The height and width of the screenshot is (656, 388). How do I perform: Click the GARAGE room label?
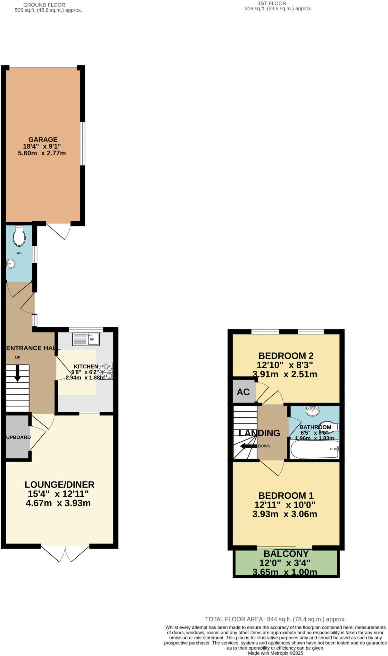[x=43, y=140]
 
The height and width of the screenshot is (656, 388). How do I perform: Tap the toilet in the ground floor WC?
[x=19, y=236]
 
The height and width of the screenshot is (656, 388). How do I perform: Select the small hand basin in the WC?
[x=11, y=264]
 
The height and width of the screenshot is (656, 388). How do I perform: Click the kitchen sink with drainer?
[x=86, y=339]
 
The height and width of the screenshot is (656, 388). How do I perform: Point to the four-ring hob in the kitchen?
[x=106, y=372]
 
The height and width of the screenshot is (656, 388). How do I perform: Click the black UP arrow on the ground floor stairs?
[x=17, y=373]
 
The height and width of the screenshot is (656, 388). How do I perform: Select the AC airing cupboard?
[x=244, y=392]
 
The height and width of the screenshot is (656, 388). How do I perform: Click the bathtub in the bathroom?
[x=314, y=450]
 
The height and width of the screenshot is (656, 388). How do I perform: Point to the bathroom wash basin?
[x=312, y=411]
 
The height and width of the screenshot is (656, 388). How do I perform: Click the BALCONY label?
[x=286, y=553]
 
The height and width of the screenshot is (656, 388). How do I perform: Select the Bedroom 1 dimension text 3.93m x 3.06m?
[x=285, y=514]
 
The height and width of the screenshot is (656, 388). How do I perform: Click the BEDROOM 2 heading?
[x=286, y=356]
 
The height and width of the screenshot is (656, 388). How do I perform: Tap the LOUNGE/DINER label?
[x=60, y=485]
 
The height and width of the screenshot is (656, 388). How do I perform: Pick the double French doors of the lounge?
[x=65, y=553]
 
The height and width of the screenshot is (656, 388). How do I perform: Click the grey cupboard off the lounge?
[x=18, y=437]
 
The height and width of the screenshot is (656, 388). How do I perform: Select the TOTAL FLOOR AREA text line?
[x=275, y=619]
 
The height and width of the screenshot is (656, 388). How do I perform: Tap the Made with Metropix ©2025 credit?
[x=275, y=653]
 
